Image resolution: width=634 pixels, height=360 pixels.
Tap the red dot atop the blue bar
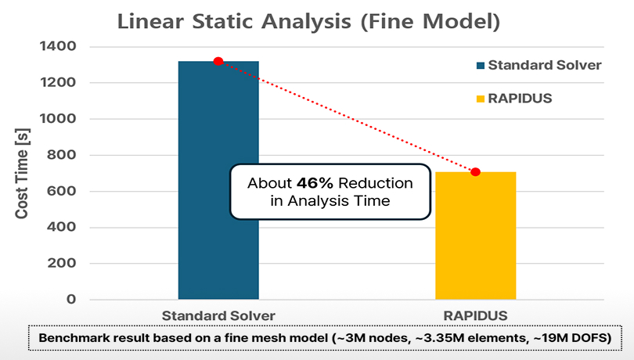(218, 61)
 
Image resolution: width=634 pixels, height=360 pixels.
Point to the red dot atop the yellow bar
(475, 171)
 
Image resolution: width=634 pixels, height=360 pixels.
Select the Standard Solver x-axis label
(218, 315)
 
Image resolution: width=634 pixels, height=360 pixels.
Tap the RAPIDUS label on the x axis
(475, 315)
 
